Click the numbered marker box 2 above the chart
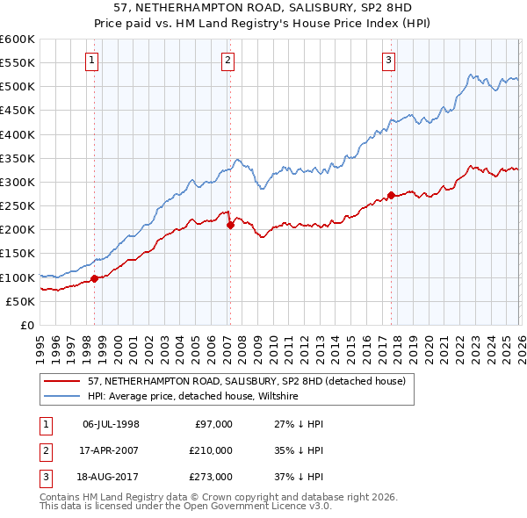tap(227, 61)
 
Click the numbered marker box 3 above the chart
tap(388, 61)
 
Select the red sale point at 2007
tap(230, 225)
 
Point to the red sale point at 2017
tap(390, 195)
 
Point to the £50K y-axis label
tap(20, 301)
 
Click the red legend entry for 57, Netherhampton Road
tap(246, 381)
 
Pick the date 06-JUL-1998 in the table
tap(111, 424)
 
